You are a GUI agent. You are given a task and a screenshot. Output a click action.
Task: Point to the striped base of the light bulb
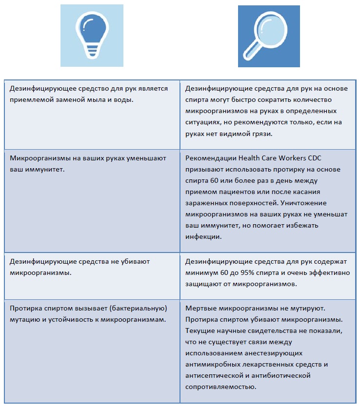[x=91, y=48]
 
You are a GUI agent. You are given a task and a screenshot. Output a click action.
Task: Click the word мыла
[x=96, y=99]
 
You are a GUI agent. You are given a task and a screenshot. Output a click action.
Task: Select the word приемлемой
[x=30, y=99]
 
